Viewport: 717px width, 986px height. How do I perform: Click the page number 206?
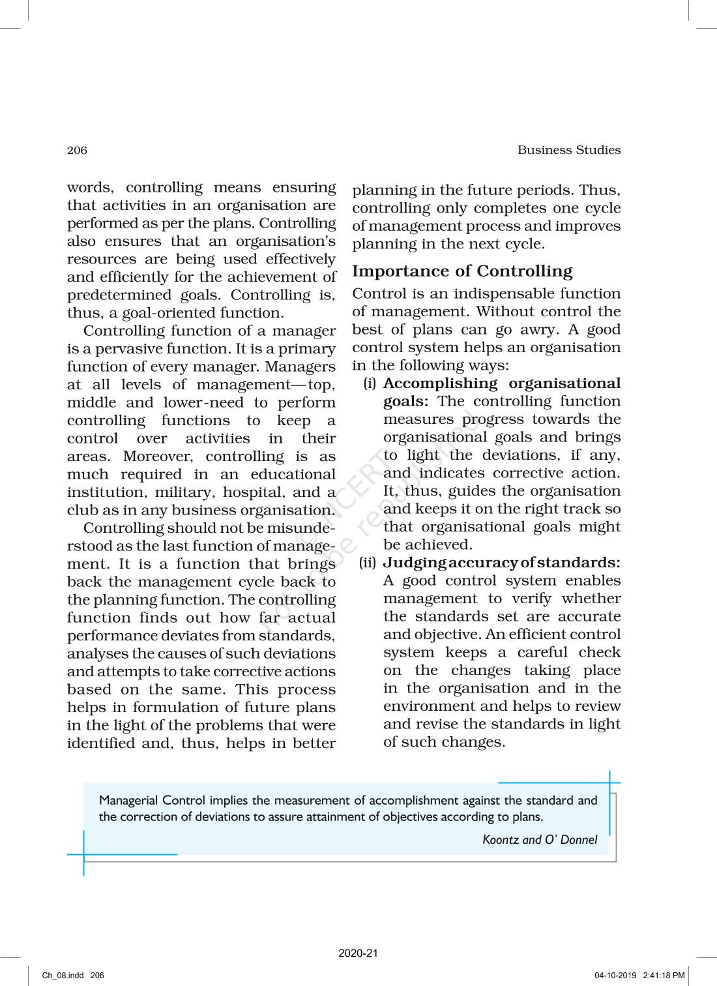coord(77,150)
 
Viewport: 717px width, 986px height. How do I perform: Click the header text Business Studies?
coord(569,150)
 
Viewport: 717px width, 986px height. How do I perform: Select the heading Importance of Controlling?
coord(462,271)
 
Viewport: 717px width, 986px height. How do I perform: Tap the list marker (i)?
coord(370,383)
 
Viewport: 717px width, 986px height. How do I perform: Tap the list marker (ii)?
coord(368,562)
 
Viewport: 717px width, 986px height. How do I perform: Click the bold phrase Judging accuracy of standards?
coord(501,562)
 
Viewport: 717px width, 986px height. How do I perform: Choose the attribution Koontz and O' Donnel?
coord(540,840)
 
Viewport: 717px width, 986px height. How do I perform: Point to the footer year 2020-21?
coord(358,953)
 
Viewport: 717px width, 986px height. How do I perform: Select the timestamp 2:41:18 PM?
coord(664,976)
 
